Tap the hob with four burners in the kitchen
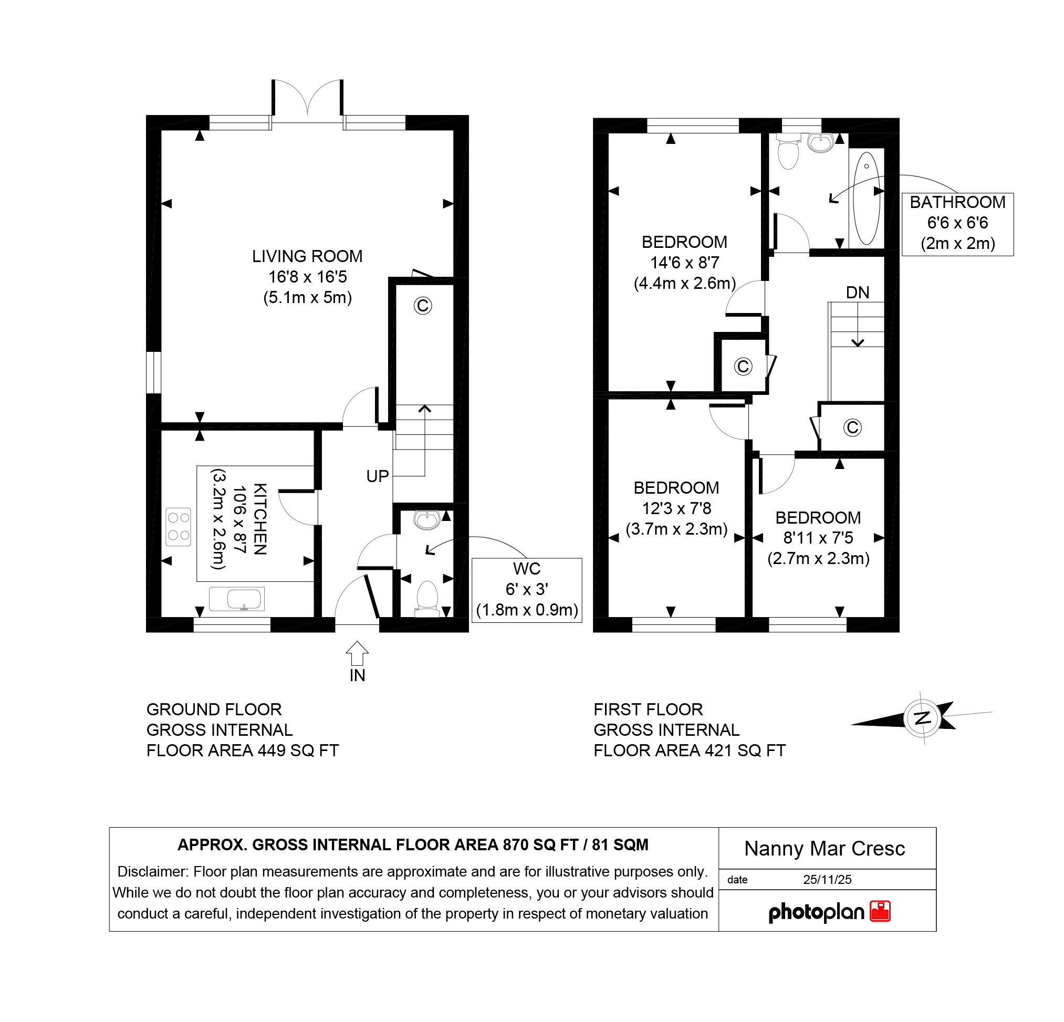click(x=179, y=526)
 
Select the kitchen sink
click(x=237, y=599)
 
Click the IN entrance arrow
click(x=357, y=653)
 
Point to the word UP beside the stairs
click(x=377, y=476)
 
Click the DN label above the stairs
click(x=858, y=293)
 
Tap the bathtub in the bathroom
click(x=867, y=198)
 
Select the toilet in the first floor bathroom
click(x=788, y=151)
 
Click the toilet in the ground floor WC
click(x=427, y=599)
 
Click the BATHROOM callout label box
click(x=957, y=224)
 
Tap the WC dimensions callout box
click(x=527, y=590)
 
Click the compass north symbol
click(x=922, y=718)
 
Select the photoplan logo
click(x=829, y=911)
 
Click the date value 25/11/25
click(x=827, y=880)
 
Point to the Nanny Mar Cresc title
click(x=825, y=848)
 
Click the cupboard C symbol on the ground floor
click(x=423, y=306)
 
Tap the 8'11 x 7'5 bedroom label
click(x=818, y=538)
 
